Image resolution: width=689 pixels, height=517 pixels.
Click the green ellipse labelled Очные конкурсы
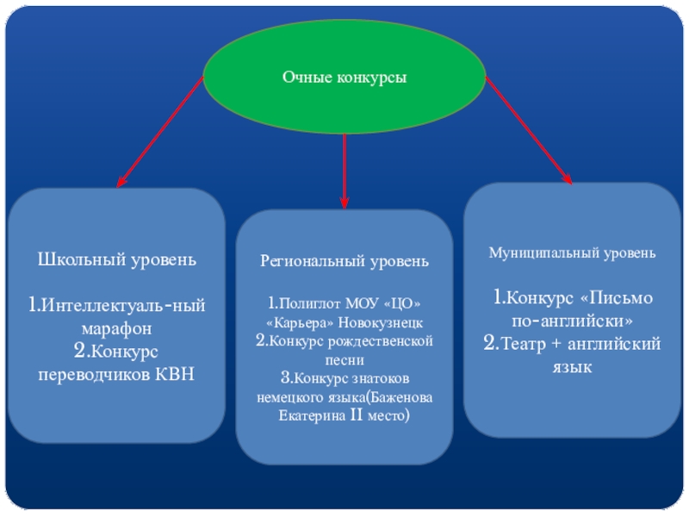click(x=344, y=78)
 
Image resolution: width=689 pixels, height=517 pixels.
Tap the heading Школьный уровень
click(x=117, y=258)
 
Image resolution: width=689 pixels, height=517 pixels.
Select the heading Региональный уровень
click(x=344, y=260)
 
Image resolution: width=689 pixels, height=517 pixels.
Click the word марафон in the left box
click(x=117, y=328)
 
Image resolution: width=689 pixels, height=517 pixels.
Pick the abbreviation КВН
click(x=175, y=373)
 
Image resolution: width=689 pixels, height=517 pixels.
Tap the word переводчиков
click(x=93, y=373)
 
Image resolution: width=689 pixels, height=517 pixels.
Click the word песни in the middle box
click(x=344, y=359)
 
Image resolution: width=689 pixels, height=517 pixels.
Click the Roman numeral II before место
click(x=356, y=415)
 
